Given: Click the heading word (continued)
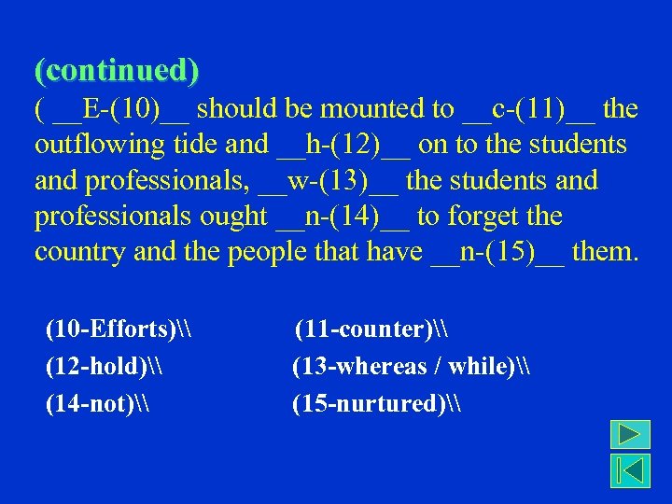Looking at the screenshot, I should [x=117, y=70].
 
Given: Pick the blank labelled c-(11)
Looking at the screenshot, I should [x=528, y=109].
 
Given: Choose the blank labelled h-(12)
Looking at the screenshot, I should [x=343, y=145].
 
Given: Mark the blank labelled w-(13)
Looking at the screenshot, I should [x=329, y=180].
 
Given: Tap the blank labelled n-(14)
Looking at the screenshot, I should [x=343, y=217].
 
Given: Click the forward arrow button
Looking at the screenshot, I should [x=630, y=436].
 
